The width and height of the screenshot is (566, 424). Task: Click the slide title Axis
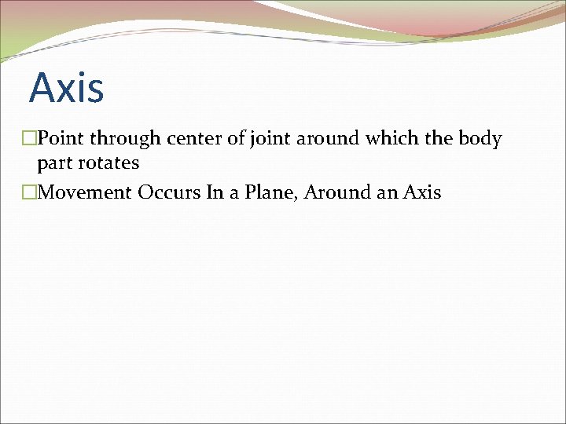[67, 87]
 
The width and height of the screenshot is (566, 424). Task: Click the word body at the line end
[480, 139]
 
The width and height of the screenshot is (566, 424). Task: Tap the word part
[53, 164]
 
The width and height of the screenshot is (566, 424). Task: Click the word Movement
[85, 192]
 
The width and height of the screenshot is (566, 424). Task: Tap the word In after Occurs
[215, 192]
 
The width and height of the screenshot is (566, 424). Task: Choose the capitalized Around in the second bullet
[338, 192]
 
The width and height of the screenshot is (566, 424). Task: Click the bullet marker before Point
[30, 139]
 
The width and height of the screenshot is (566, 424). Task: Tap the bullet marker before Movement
[30, 192]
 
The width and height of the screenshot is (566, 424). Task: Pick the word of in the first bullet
[237, 139]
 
